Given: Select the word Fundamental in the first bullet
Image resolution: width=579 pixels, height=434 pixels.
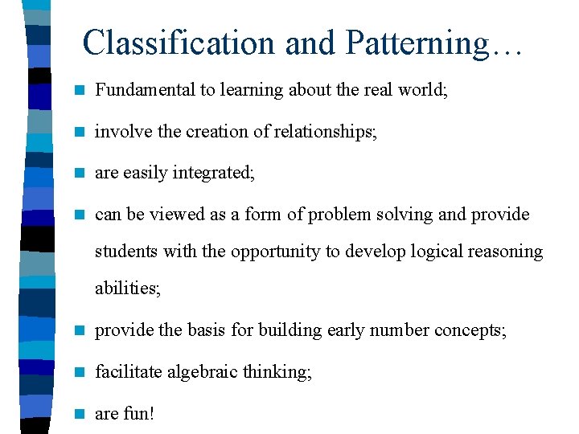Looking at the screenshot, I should click(145, 90).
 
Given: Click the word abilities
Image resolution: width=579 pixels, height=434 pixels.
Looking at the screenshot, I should click(127, 289).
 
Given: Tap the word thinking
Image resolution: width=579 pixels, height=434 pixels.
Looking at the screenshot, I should click(277, 372).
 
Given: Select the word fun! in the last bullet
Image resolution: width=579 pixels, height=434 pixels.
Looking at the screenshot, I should click(139, 414).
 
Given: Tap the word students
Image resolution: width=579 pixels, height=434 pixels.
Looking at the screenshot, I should click(126, 252).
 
